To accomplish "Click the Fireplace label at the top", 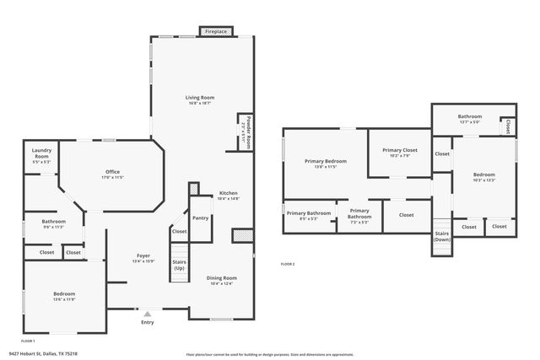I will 215,32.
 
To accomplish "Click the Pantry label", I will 200,218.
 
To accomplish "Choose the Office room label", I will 112,174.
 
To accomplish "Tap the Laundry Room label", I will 41,153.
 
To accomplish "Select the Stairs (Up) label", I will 180,263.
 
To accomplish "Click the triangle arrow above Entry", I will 148,313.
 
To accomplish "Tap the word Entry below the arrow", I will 148,322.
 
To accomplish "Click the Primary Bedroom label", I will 325,163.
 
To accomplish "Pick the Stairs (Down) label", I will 441,236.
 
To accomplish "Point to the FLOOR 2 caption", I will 288,264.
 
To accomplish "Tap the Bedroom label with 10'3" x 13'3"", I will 483,177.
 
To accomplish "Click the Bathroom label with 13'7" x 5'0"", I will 469,118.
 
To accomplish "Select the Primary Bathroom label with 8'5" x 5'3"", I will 308,215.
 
